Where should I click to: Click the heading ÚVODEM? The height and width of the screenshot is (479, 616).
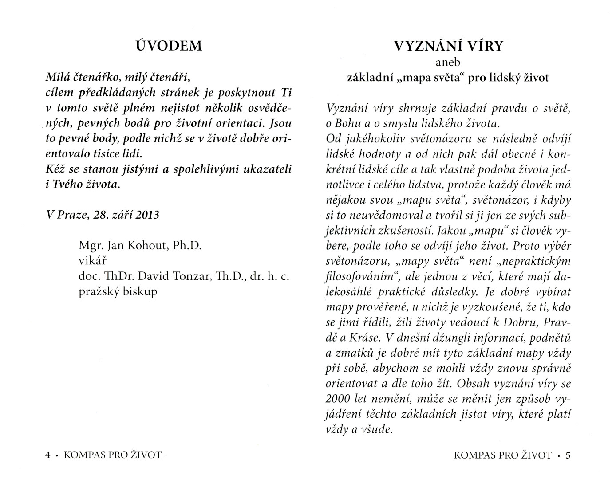(169, 46)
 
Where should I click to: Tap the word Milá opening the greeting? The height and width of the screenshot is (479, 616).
(57, 78)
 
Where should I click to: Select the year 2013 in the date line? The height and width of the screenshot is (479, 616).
(147, 215)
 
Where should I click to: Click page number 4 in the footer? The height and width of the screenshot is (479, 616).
(48, 455)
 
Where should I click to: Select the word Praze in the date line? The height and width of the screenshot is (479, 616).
(71, 215)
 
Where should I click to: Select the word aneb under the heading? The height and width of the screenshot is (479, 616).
(448, 63)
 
